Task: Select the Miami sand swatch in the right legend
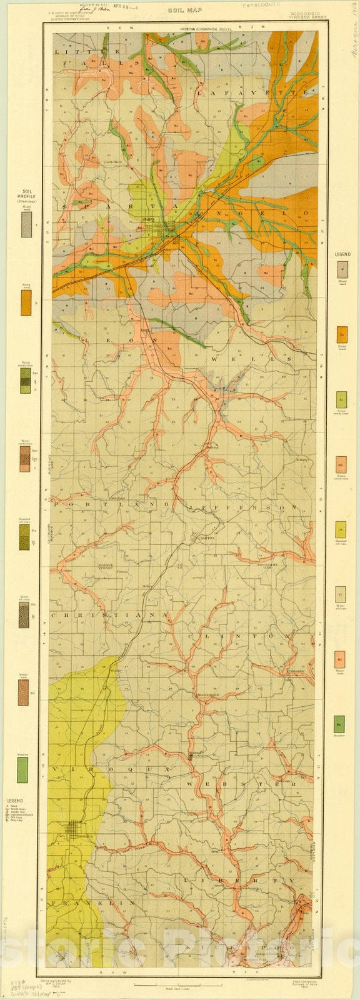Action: click(x=342, y=269)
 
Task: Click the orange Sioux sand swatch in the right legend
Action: click(x=342, y=334)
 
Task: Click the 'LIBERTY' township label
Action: click(x=238, y=880)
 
